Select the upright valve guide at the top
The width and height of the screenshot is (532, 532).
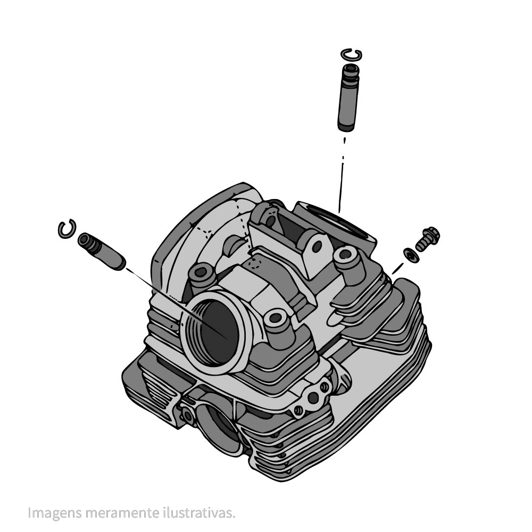[x=348, y=97]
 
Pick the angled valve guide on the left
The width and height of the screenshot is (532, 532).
[x=102, y=252]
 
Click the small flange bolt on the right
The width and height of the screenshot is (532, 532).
[x=427, y=239]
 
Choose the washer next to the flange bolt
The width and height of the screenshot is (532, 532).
[x=411, y=255]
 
